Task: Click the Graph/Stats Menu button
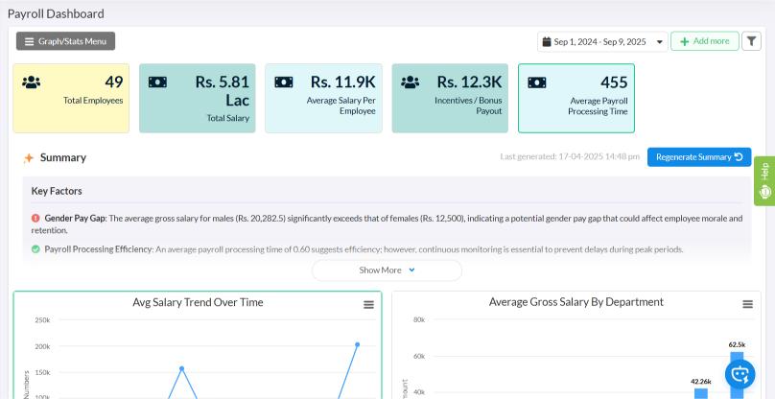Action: click(x=65, y=41)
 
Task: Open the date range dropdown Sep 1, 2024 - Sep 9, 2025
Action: click(x=602, y=41)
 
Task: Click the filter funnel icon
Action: click(x=752, y=41)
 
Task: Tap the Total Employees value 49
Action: click(x=113, y=82)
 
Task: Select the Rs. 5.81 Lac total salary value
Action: click(x=223, y=91)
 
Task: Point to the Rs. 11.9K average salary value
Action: click(x=342, y=82)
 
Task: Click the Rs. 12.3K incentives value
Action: click(x=469, y=82)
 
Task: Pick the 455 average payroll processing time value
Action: click(x=614, y=82)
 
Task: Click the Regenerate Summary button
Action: click(x=699, y=157)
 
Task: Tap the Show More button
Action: click(x=387, y=270)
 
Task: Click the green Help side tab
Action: click(x=763, y=180)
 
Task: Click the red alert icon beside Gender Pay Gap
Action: click(x=35, y=218)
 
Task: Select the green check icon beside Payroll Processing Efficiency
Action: click(x=35, y=249)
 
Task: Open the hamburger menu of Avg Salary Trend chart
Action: click(x=368, y=305)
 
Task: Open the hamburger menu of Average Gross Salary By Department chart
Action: click(x=747, y=304)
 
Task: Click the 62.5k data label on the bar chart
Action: click(x=737, y=344)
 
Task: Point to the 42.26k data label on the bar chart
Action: click(x=701, y=381)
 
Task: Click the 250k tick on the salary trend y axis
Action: click(x=42, y=320)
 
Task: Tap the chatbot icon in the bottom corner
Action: click(x=740, y=374)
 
